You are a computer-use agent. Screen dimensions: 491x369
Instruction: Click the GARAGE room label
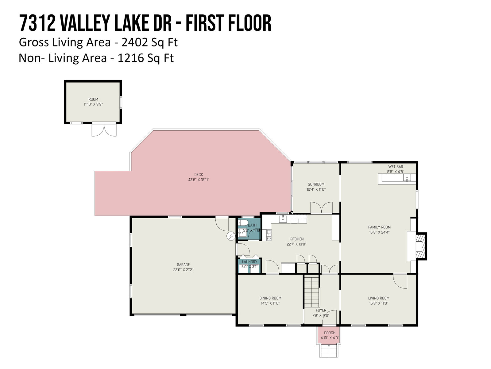[x=183, y=264]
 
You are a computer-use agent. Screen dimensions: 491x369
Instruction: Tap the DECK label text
[x=199, y=175]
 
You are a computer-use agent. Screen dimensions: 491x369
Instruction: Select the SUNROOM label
[x=316, y=184]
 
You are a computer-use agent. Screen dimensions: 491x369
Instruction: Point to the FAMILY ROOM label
[x=379, y=227]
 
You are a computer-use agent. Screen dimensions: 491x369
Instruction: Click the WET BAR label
[x=396, y=167]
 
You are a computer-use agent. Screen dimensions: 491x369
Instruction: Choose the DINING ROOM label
[x=270, y=298]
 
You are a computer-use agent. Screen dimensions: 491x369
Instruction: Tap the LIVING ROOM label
[x=379, y=298]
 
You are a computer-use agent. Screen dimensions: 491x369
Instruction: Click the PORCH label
[x=330, y=333]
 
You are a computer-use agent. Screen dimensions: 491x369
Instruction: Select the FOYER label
[x=321, y=310]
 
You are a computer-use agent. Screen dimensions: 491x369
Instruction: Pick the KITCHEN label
[x=297, y=239]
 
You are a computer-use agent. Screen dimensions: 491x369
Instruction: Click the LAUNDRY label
[x=249, y=262]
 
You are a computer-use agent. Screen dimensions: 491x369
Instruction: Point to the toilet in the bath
[x=243, y=223]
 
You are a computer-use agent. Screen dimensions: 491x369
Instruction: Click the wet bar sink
[x=407, y=178]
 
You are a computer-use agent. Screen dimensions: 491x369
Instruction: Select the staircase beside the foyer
[x=311, y=292]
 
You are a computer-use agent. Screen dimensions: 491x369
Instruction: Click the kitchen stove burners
[x=269, y=235]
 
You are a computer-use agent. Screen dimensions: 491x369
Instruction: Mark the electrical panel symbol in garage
[x=231, y=236]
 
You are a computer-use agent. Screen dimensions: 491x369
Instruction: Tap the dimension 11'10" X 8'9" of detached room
[x=93, y=104]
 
